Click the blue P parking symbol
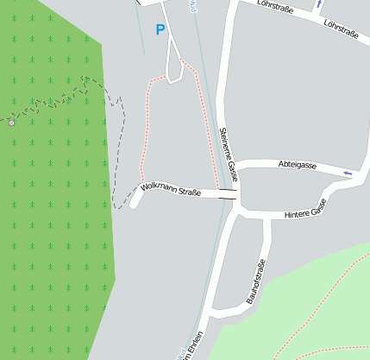(160, 30)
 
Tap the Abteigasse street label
(298, 164)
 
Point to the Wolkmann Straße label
(170, 189)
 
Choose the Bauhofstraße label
(254, 281)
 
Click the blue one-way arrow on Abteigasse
(348, 173)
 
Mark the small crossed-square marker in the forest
(11, 123)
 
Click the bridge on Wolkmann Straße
(228, 193)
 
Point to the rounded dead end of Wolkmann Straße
(135, 204)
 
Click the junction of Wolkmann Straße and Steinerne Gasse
(235, 195)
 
